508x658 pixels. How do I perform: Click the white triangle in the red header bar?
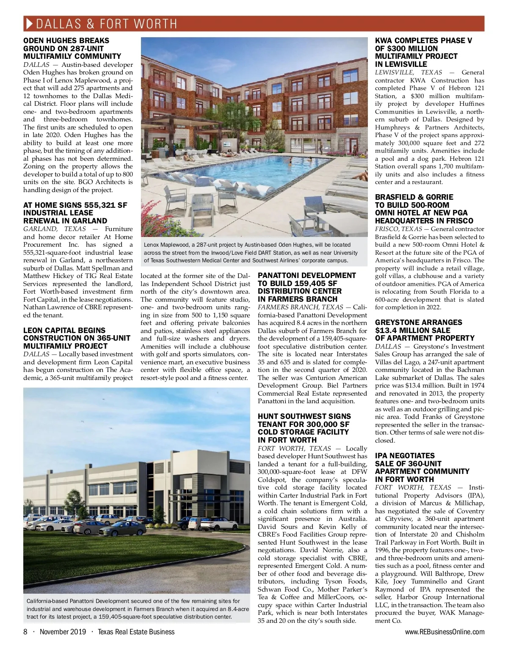click(x=29, y=23)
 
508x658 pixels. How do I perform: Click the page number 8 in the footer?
click(x=25, y=632)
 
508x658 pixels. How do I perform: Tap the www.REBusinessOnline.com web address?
click(x=444, y=632)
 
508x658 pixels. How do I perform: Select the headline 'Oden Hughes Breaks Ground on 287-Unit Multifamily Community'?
click(x=72, y=48)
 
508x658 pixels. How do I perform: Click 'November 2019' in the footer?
click(x=63, y=632)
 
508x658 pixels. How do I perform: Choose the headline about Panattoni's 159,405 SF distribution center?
click(x=307, y=287)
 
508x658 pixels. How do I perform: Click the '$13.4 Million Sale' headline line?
click(x=412, y=330)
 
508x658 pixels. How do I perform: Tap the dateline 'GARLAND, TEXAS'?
click(x=54, y=229)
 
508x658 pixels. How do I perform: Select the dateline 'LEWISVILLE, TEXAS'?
click(x=408, y=72)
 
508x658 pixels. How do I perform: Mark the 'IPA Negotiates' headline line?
click(x=404, y=456)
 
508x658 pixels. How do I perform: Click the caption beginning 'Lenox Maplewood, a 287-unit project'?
click(x=251, y=252)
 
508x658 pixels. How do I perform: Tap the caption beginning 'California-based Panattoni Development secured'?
click(x=138, y=608)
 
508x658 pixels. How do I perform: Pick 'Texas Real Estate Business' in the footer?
click(x=136, y=632)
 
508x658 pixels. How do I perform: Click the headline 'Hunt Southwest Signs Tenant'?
click(x=304, y=428)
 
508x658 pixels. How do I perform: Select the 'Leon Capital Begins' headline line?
click(x=64, y=330)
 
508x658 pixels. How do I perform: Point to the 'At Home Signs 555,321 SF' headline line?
click(x=75, y=205)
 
